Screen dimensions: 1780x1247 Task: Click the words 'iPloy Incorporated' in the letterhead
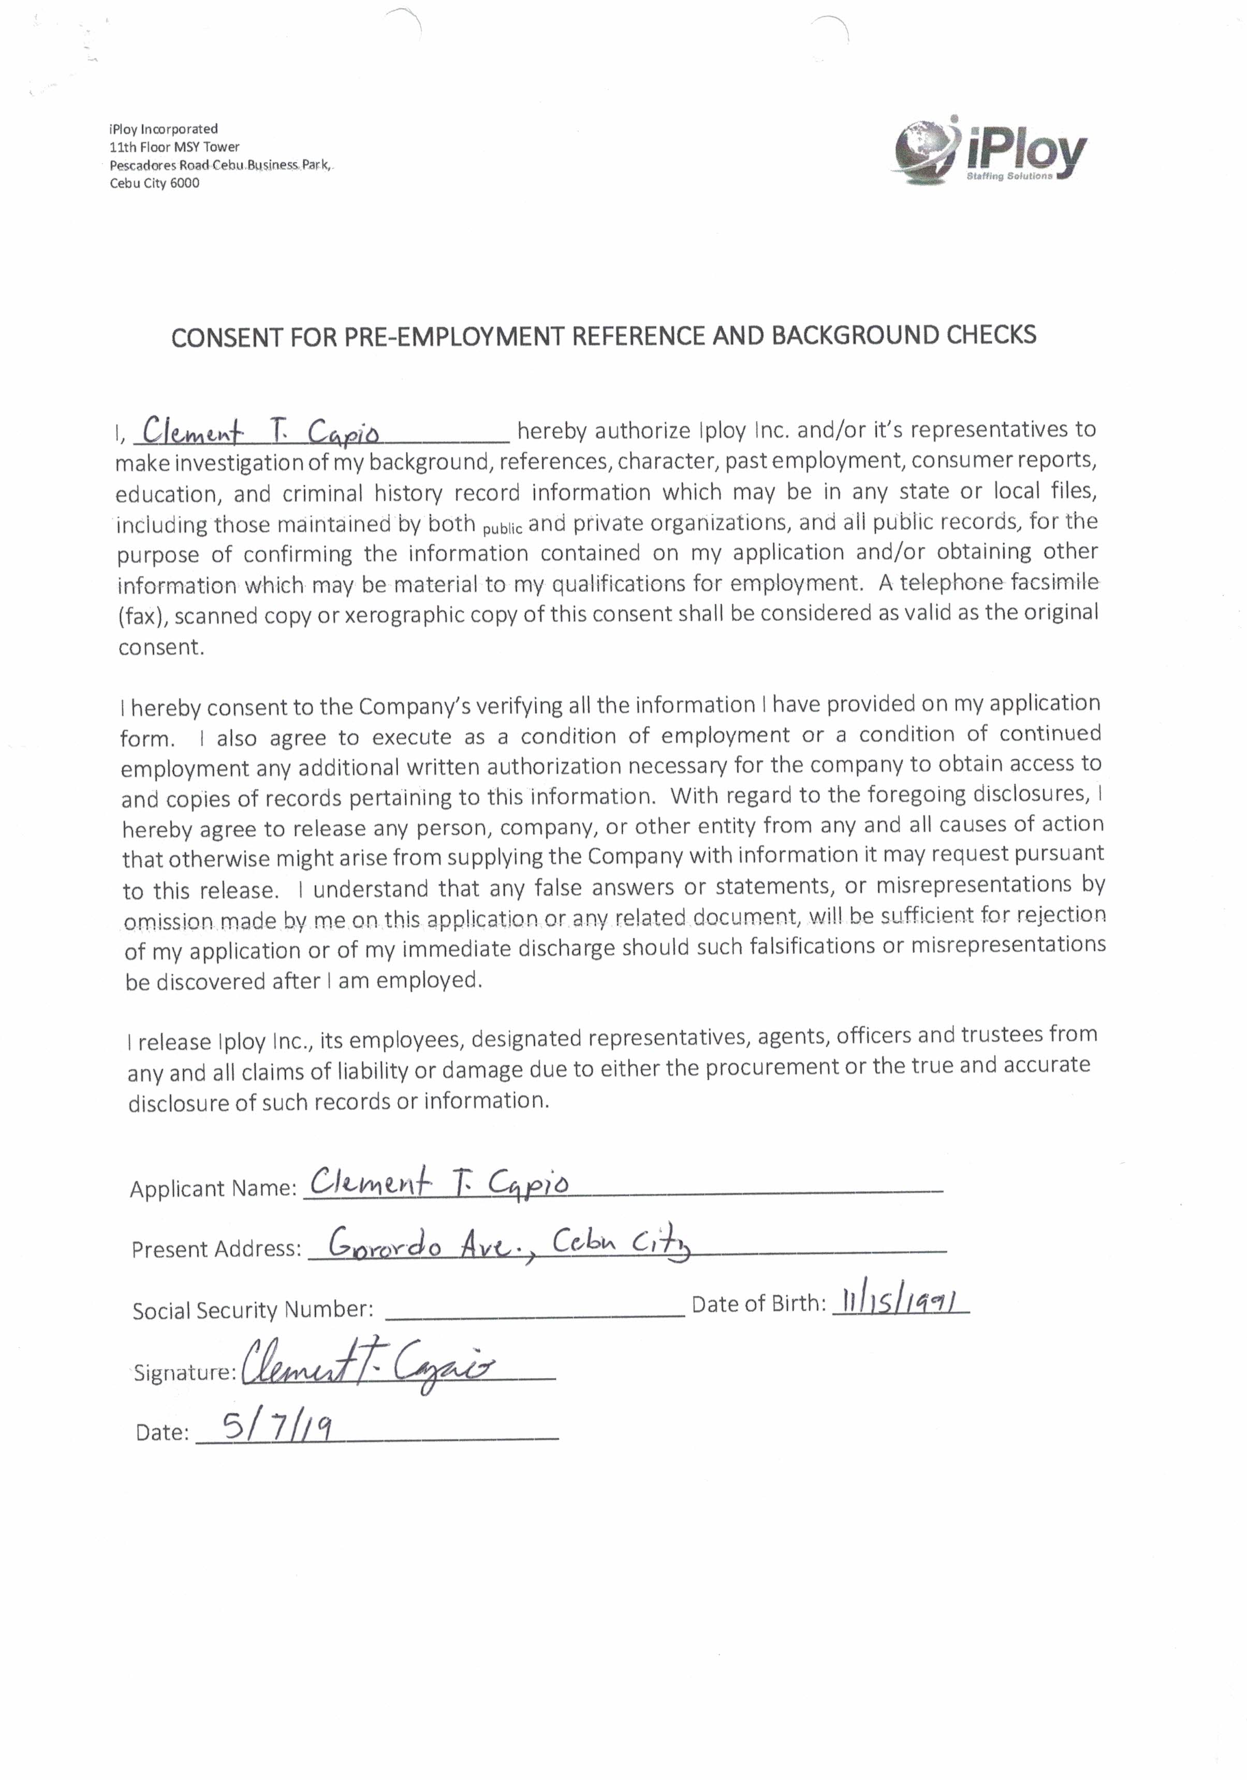point(164,128)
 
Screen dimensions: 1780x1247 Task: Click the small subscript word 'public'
point(502,529)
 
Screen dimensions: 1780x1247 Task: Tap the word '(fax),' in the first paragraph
point(142,616)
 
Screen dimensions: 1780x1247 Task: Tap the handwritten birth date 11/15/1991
point(899,1301)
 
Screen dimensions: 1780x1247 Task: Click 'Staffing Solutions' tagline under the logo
point(1009,176)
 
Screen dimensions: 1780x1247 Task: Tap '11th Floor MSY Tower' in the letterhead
point(174,147)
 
